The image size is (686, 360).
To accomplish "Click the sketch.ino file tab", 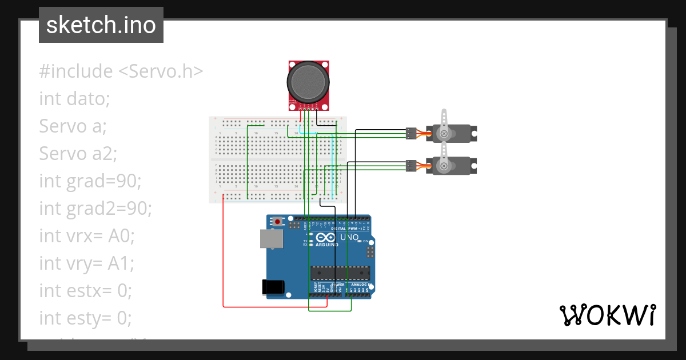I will pyautogui.click(x=101, y=25).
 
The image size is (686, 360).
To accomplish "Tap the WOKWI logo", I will pyautogui.click(x=607, y=315).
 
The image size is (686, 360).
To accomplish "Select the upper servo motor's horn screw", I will pyautogui.click(x=443, y=134).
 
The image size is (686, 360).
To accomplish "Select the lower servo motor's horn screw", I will pyautogui.click(x=443, y=166).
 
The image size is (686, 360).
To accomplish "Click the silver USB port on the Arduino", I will pyautogui.click(x=271, y=239).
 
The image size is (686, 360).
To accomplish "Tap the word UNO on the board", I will pyautogui.click(x=349, y=237).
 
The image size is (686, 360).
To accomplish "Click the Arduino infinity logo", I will pyautogui.click(x=324, y=238).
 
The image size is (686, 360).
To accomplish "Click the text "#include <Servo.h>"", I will pyautogui.click(x=121, y=71).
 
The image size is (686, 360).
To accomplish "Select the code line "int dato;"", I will pyautogui.click(x=74, y=99).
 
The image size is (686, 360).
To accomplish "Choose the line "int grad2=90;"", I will pyautogui.click(x=95, y=209).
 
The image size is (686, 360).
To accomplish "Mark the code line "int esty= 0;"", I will pyautogui.click(x=86, y=318).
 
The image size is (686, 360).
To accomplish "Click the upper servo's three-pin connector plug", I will pyautogui.click(x=410, y=133).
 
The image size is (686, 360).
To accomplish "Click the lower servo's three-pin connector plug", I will pyautogui.click(x=410, y=166).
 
